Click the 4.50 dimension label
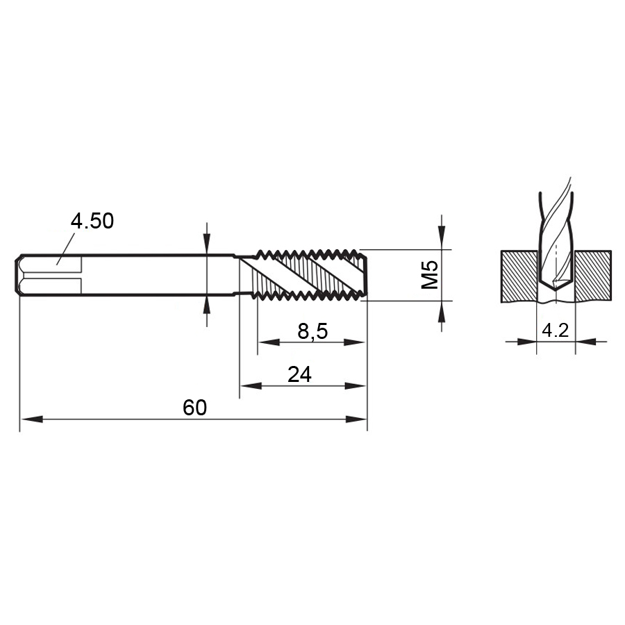click(x=92, y=221)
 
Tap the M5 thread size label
click(x=430, y=275)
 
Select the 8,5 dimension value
click(x=312, y=331)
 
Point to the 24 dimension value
click(x=299, y=375)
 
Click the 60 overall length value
click(x=195, y=408)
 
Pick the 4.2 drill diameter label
click(x=556, y=330)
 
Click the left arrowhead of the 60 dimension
click(x=31, y=419)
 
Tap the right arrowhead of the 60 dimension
click(x=356, y=419)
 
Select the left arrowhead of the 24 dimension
click(x=251, y=386)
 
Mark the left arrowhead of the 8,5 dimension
click(x=269, y=342)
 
